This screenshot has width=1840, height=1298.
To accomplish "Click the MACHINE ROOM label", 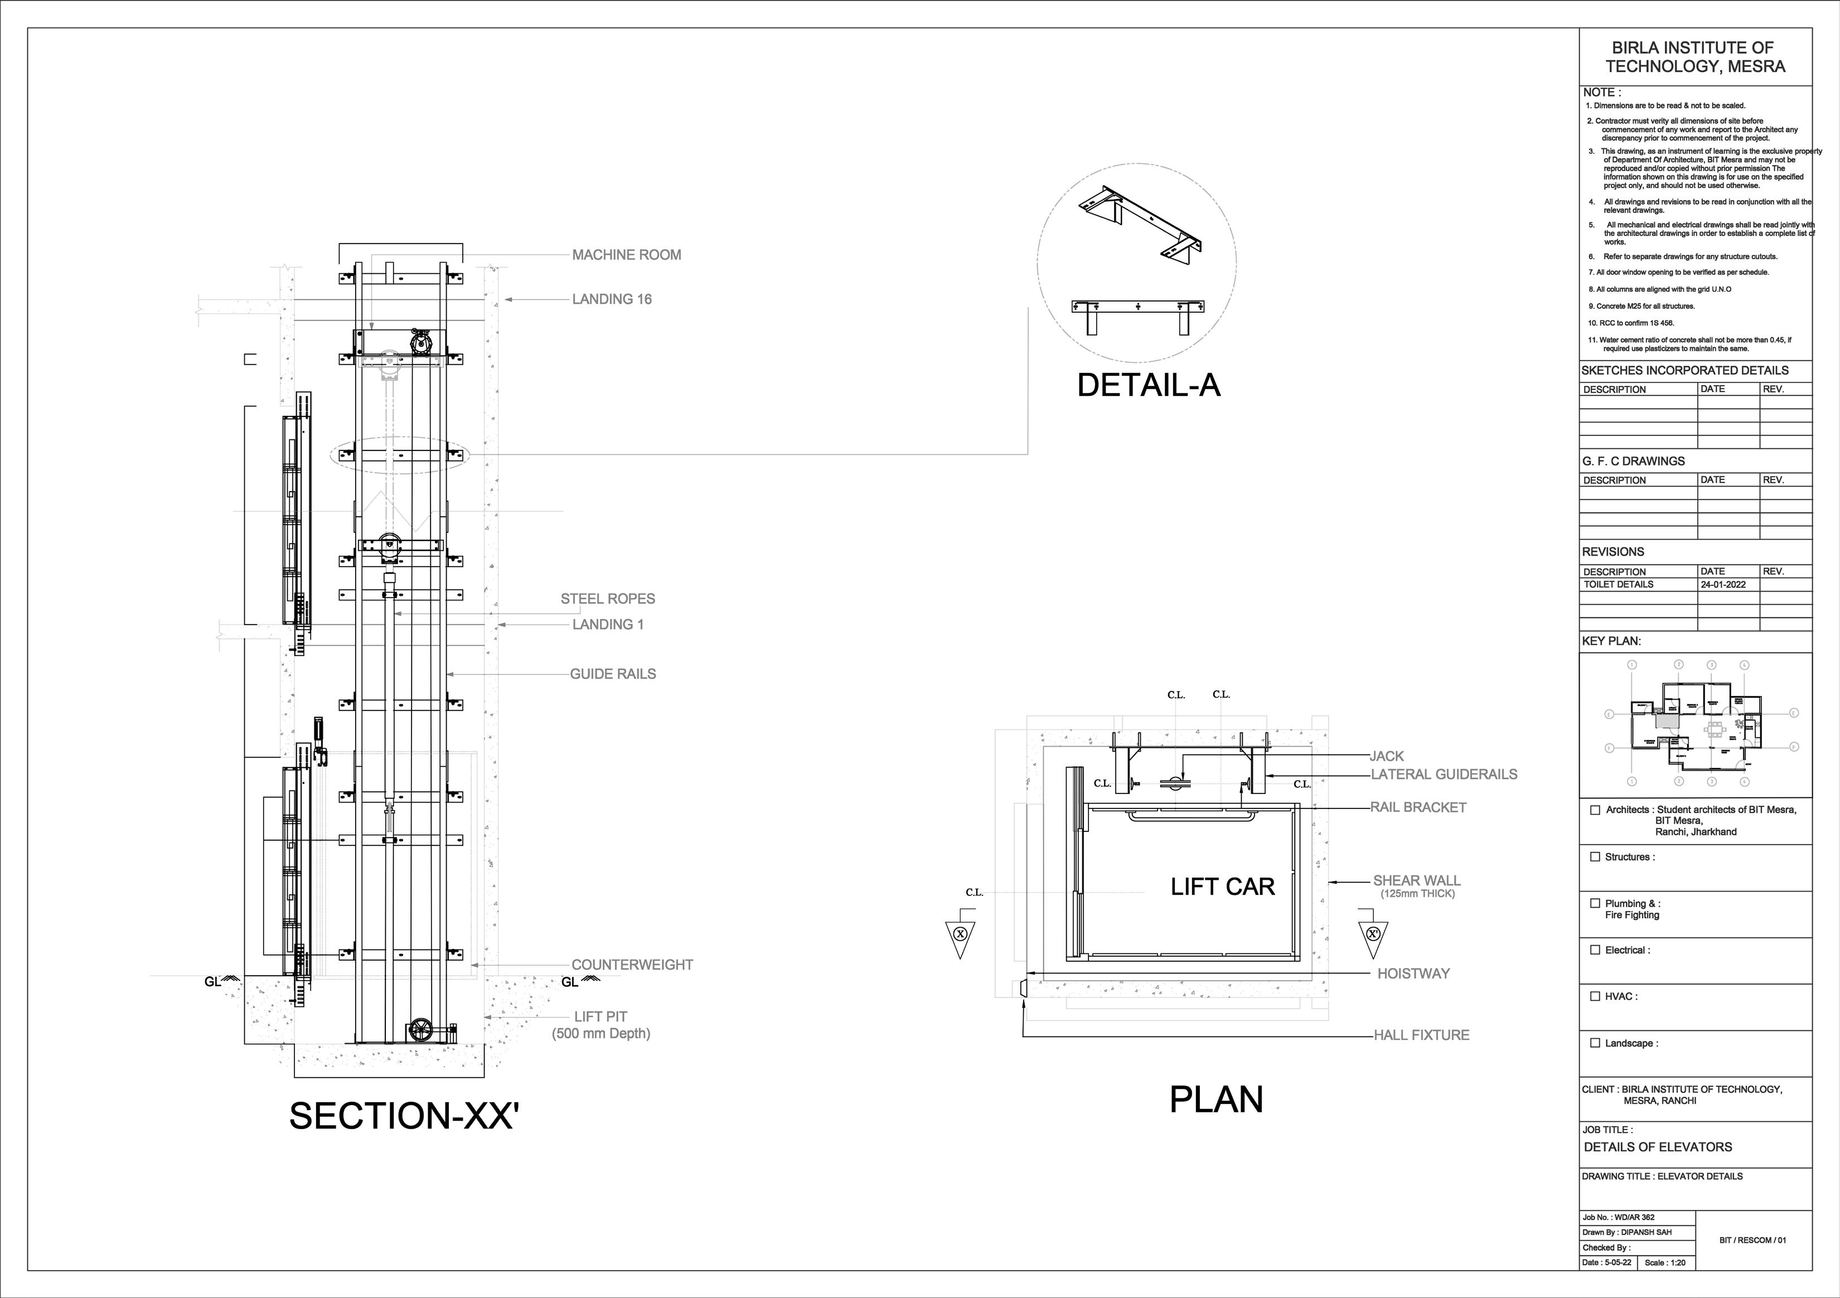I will [626, 255].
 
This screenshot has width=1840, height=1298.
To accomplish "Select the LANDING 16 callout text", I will [612, 299].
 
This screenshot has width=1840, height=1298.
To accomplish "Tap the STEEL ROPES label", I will [607, 598].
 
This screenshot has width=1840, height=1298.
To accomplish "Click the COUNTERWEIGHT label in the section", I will [632, 965].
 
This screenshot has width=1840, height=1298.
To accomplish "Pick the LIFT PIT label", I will [601, 1017].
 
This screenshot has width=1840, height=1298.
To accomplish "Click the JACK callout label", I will [1386, 755].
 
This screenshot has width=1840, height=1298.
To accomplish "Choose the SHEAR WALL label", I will [1417, 880].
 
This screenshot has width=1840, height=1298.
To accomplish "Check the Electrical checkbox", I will [1595, 950].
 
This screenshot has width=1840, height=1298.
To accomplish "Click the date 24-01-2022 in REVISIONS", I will [1722, 585].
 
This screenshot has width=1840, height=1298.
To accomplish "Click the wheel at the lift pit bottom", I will [420, 1030].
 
